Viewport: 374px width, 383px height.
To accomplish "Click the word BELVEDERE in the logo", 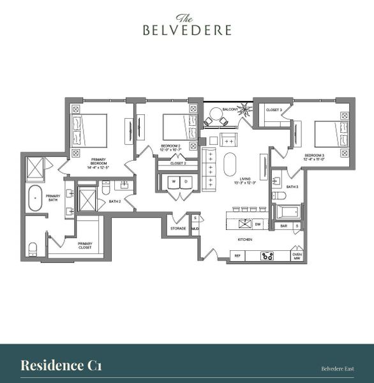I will [186, 29].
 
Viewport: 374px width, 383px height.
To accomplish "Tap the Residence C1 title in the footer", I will [61, 365].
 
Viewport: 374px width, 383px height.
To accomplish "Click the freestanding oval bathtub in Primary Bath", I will [35, 199].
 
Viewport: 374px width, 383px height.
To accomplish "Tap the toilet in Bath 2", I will [107, 186].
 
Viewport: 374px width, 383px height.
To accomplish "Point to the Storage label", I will [178, 229].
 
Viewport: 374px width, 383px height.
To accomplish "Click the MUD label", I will [195, 229].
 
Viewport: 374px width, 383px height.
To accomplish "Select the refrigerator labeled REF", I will [237, 255].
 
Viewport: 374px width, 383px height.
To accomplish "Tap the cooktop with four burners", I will [268, 255].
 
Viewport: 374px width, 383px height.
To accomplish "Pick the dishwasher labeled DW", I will [258, 224].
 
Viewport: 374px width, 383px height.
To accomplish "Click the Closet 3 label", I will [273, 110].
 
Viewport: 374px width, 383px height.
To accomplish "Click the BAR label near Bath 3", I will [281, 225].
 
